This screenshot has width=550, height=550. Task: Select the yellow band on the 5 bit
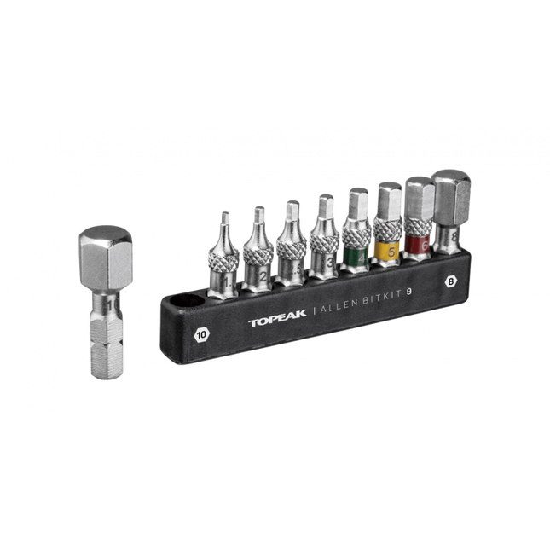click(x=390, y=250)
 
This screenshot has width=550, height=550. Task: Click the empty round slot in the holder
click(x=186, y=303)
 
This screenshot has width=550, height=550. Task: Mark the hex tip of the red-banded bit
click(x=419, y=199)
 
